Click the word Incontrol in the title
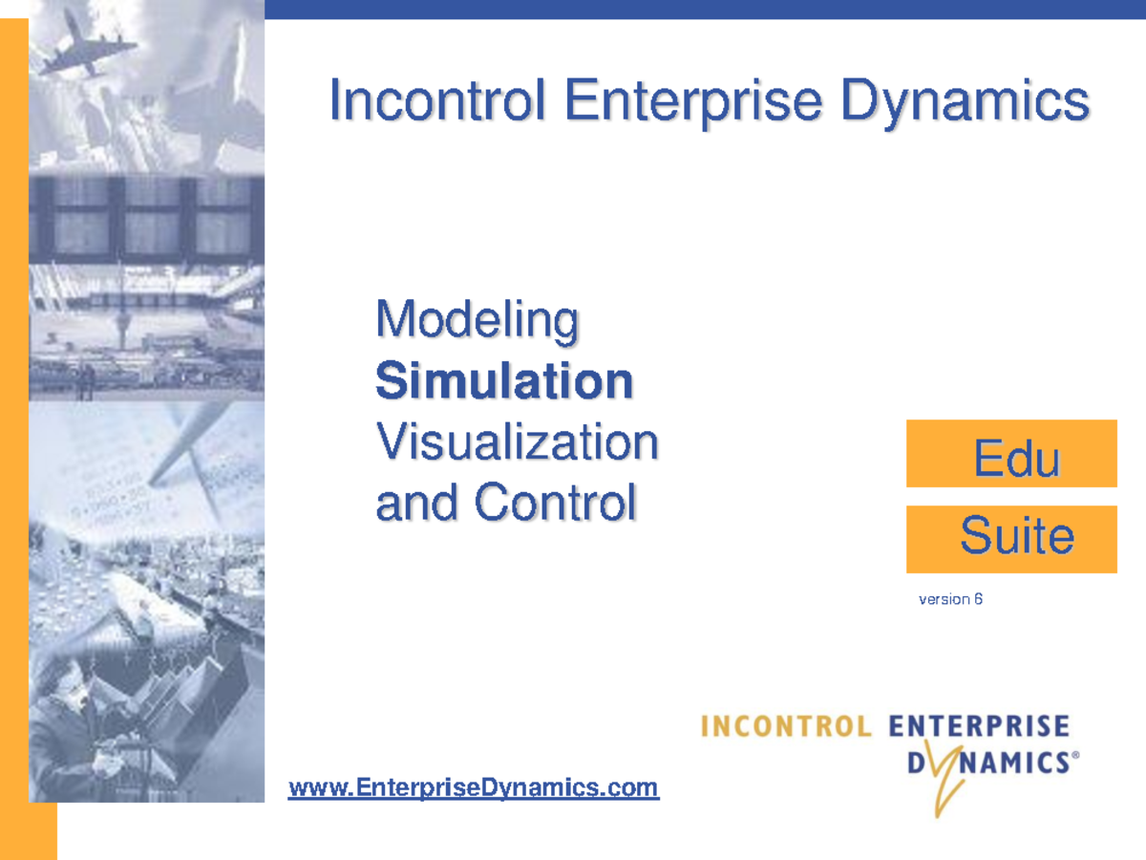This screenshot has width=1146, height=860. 438,101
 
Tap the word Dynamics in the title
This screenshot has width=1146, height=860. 966,101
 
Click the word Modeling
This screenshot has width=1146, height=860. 477,322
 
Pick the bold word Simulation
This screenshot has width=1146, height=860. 504,381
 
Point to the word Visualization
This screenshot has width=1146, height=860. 517,441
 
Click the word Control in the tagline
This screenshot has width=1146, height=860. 555,502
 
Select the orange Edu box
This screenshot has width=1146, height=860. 1011,454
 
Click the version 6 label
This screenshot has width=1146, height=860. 950,600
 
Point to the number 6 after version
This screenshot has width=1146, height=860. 978,600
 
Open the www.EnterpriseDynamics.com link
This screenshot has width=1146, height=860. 474,788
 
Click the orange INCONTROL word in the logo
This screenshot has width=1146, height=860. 786,726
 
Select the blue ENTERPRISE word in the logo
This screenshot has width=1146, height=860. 979,726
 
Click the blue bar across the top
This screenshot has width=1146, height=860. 704,9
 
